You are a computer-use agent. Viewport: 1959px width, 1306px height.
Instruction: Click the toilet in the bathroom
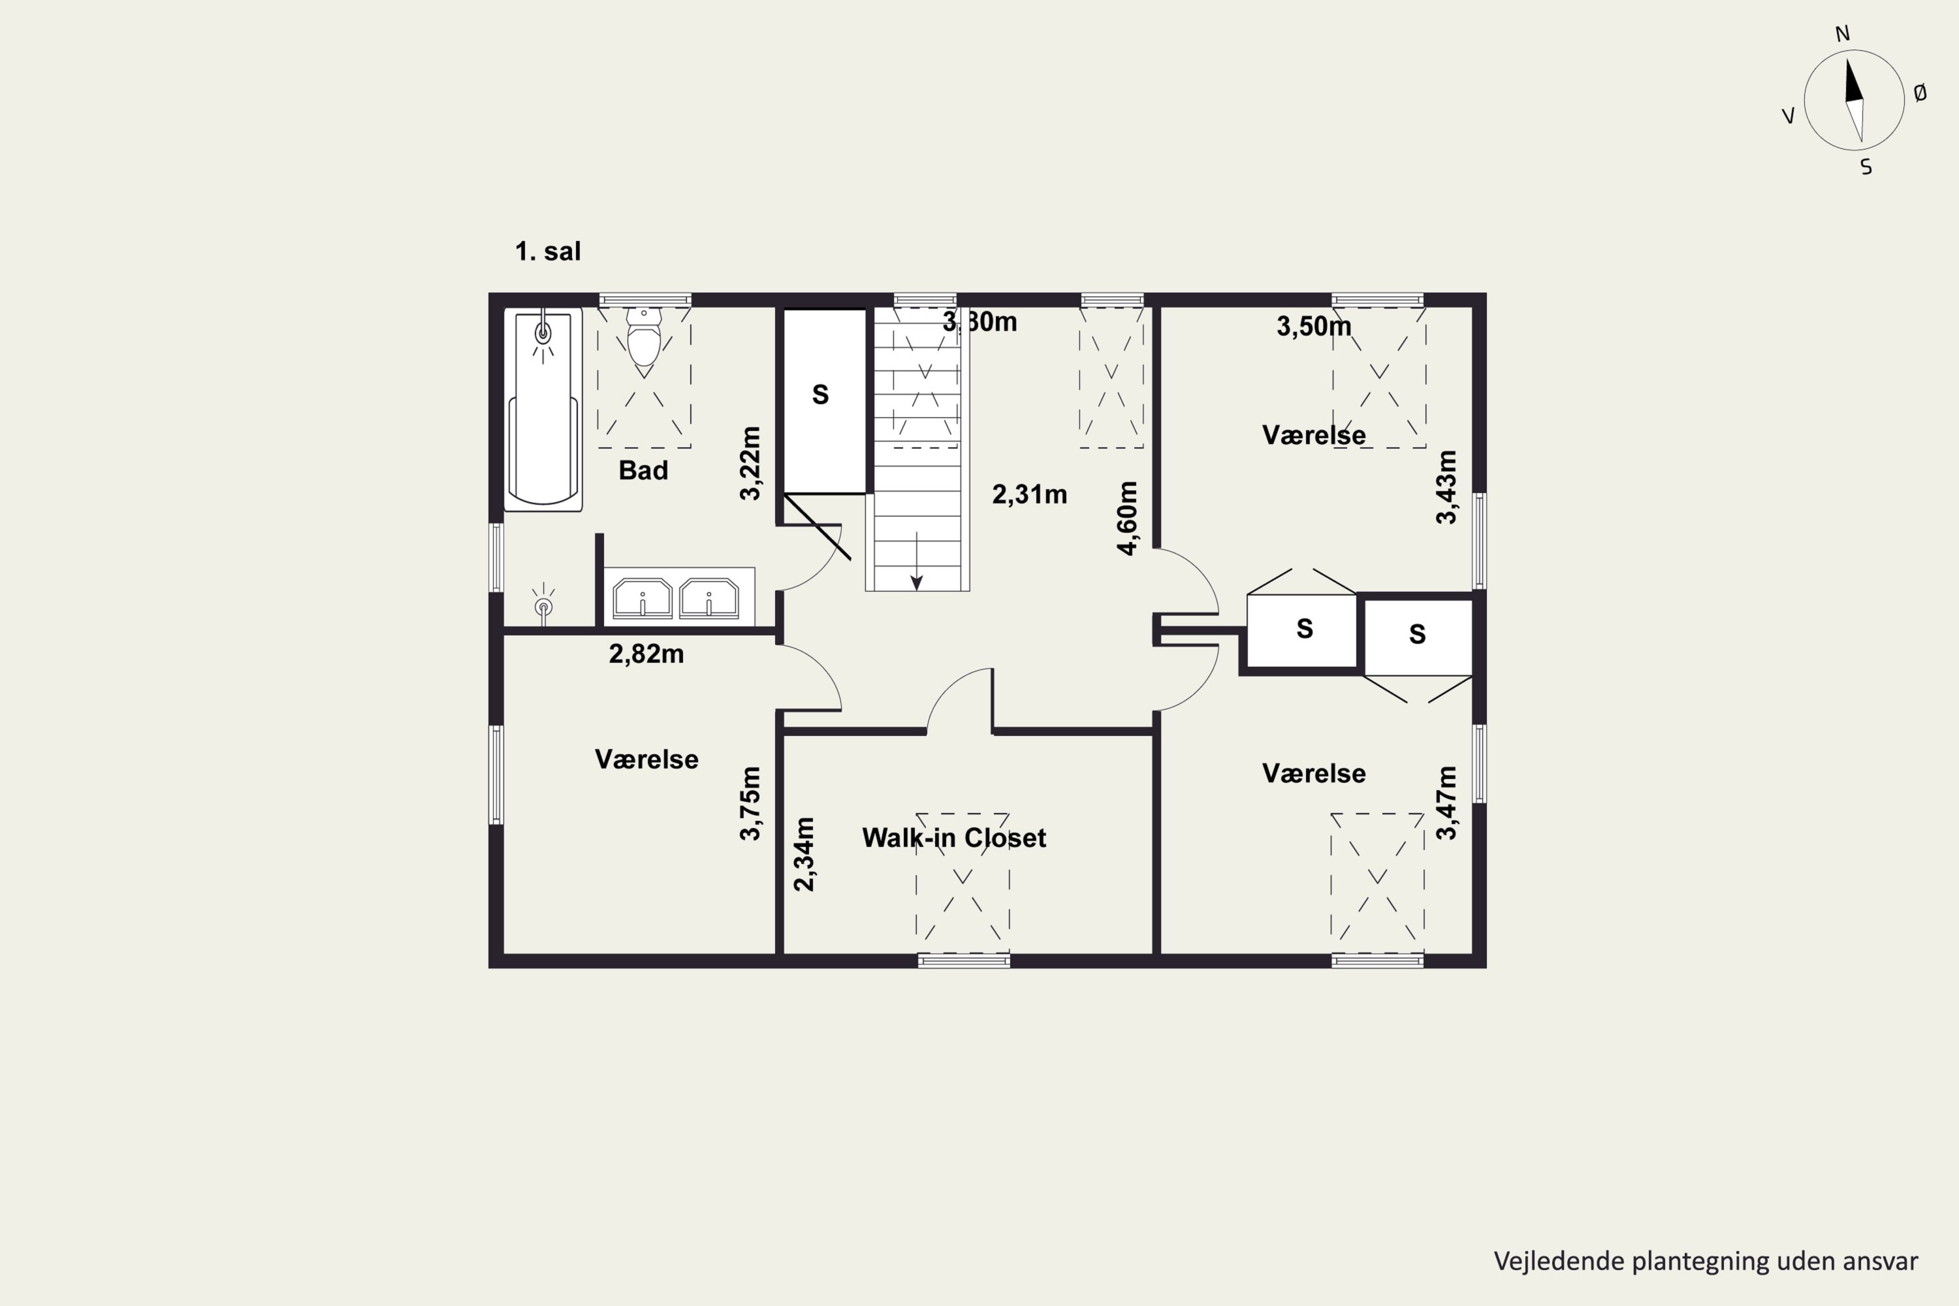click(644, 338)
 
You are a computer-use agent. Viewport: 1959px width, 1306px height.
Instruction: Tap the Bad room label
click(643, 471)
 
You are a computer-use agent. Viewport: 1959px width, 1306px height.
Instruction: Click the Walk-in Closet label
click(953, 837)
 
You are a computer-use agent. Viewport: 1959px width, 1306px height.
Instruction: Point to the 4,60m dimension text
click(1127, 518)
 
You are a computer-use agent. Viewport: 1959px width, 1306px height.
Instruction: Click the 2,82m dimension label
click(646, 654)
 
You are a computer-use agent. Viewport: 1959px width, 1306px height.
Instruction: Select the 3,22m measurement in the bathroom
click(750, 463)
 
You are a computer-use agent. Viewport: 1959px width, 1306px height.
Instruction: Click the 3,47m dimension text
click(1447, 803)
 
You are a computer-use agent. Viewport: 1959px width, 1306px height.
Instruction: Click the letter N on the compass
click(1842, 34)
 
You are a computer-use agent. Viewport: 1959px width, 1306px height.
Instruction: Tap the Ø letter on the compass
click(1920, 93)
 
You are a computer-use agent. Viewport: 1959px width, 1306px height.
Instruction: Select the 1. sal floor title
click(547, 251)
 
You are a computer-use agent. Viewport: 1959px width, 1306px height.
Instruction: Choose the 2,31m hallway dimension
click(1030, 495)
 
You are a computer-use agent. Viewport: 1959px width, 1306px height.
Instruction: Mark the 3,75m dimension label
click(750, 803)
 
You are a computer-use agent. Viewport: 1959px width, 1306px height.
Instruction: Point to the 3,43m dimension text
click(1447, 487)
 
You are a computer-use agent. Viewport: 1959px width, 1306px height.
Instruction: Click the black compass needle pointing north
click(1851, 81)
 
